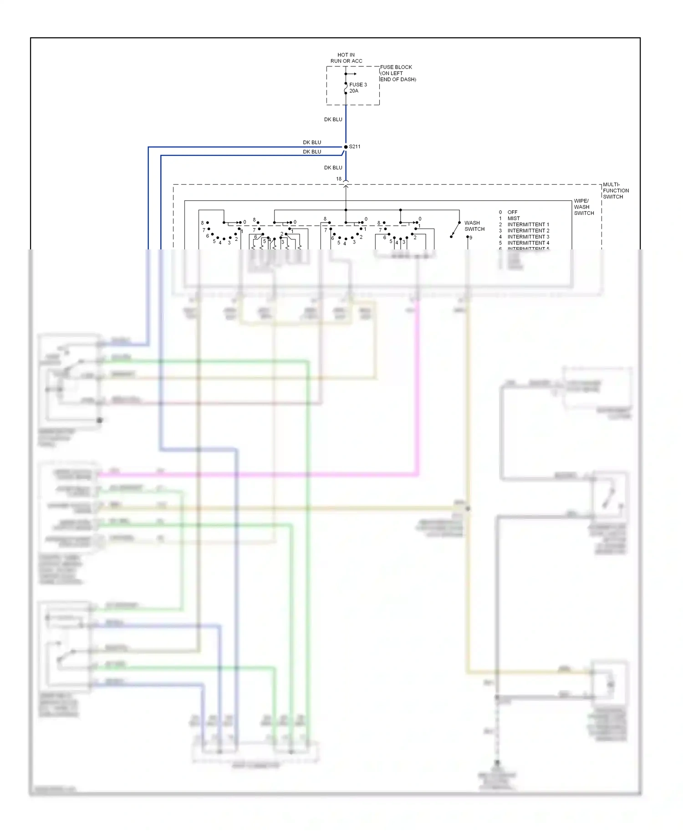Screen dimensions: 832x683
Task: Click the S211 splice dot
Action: tap(346, 147)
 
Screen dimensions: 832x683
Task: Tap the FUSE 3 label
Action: tap(358, 85)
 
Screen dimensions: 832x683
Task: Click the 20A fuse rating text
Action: tap(354, 91)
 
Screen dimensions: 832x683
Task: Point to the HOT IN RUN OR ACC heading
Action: tap(346, 58)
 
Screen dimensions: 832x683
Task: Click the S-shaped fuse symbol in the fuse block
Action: tap(346, 89)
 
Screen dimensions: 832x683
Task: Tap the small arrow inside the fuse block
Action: tap(352, 74)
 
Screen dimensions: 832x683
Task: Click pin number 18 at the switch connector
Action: tap(339, 179)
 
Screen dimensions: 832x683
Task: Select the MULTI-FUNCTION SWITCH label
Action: tap(616, 191)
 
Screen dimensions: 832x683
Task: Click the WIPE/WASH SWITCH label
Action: tap(584, 207)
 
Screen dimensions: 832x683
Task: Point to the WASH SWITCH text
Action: tap(474, 226)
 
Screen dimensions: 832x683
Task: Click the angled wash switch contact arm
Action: tap(455, 230)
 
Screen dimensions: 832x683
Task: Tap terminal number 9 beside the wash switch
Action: tap(470, 238)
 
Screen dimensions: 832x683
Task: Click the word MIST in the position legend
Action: tap(514, 218)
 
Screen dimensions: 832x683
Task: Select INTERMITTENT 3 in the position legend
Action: tap(528, 237)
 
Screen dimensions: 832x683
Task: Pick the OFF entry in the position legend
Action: tap(512, 212)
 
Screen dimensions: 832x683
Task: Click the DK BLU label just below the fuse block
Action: tap(333, 119)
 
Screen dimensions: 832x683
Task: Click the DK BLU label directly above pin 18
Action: tap(333, 167)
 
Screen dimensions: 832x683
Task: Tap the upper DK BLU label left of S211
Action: tap(312, 142)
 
